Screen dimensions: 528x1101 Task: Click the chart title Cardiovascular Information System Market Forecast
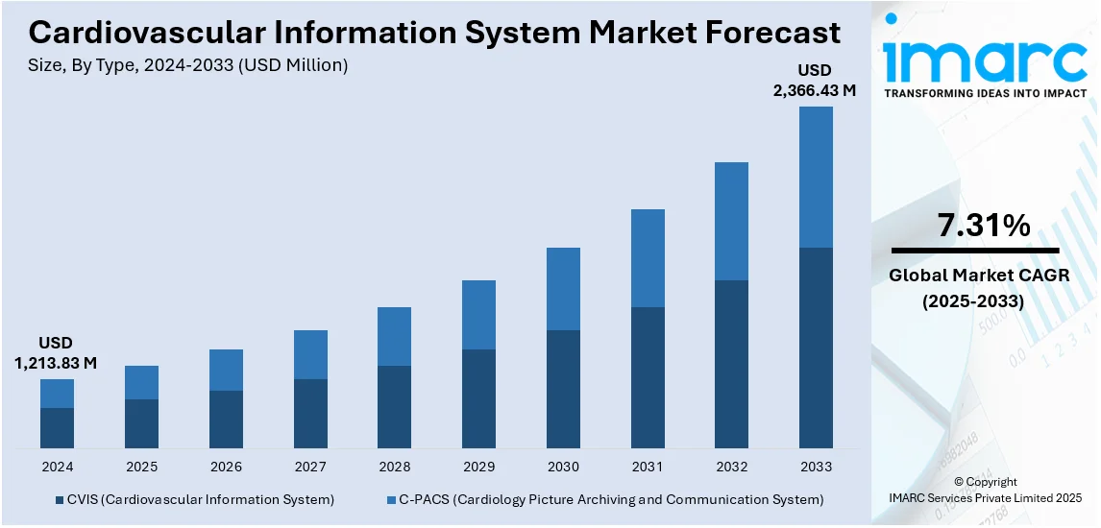[434, 33]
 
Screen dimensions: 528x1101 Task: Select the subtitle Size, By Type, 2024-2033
[188, 65]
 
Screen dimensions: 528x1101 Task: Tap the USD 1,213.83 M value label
[56, 353]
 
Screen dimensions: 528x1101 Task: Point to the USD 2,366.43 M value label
[815, 81]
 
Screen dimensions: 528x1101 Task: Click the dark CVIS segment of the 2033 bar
[816, 348]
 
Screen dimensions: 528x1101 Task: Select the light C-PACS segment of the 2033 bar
[816, 177]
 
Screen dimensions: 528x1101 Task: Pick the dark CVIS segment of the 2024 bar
[57, 428]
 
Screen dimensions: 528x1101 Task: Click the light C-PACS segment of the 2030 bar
[563, 289]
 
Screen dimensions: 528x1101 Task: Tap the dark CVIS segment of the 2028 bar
[394, 407]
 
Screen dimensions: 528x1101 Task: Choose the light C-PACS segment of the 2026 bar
[226, 370]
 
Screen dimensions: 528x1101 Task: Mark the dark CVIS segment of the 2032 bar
[731, 364]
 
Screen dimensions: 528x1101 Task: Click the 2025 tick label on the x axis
[141, 467]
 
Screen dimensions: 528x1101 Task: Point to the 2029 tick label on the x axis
[478, 467]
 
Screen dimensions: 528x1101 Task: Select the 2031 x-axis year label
[648, 467]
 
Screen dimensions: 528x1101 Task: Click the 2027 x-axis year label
[309, 467]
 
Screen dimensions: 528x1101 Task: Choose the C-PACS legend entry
[605, 500]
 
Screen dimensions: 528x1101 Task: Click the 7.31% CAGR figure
[984, 227]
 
